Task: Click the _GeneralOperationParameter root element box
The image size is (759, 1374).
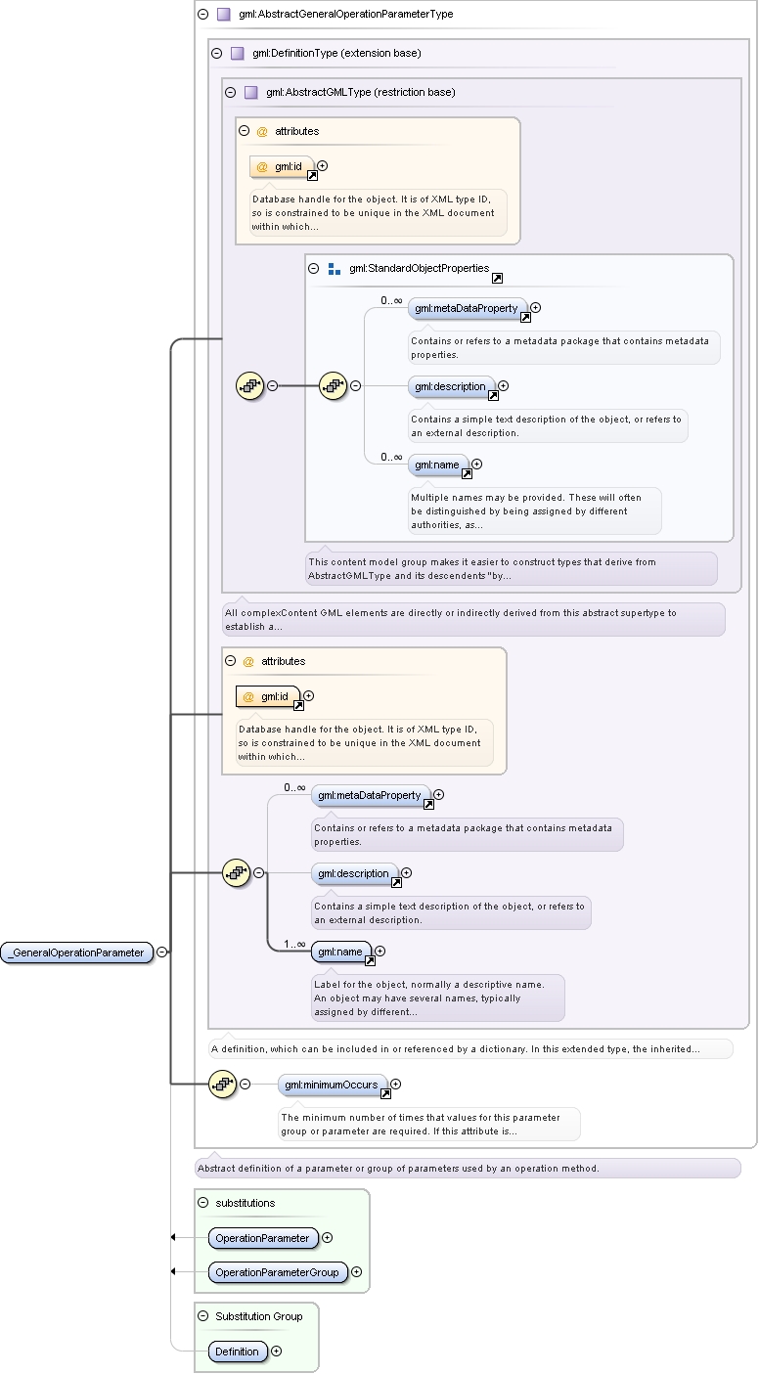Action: point(76,953)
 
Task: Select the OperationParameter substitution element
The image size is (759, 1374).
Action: point(262,1238)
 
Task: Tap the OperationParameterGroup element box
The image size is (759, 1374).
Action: point(278,1272)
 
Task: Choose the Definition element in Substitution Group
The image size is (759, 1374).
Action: point(238,1352)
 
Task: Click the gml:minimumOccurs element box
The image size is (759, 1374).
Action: point(332,1085)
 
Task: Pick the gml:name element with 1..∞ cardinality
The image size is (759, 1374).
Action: point(340,952)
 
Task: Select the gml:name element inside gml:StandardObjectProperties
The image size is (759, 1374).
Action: point(437,465)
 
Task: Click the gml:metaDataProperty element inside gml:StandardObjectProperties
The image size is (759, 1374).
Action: point(467,308)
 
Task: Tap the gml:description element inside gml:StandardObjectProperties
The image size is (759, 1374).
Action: point(451,386)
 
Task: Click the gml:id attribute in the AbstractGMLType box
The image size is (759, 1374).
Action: point(282,167)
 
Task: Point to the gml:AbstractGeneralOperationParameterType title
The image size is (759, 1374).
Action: point(346,14)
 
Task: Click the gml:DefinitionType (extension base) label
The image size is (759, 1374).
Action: point(336,54)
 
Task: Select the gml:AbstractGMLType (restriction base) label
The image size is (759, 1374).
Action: point(361,93)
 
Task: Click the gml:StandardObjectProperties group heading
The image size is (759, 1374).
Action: point(419,268)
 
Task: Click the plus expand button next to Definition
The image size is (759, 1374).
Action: point(277,1351)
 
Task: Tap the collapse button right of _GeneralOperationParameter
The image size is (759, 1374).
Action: point(162,952)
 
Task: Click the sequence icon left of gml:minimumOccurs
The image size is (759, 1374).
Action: point(223,1085)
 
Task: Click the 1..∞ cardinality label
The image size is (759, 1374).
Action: point(294,944)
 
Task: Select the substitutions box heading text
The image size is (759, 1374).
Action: point(246,1203)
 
